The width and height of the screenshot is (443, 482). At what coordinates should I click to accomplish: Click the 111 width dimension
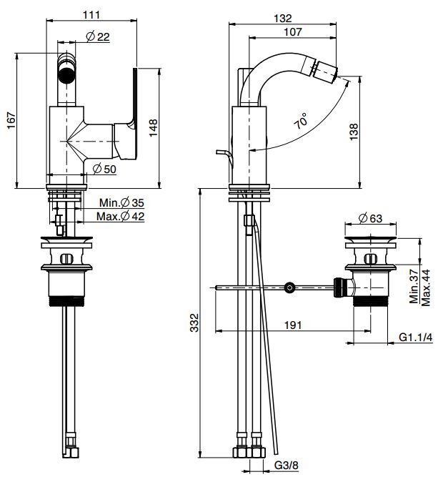point(91,14)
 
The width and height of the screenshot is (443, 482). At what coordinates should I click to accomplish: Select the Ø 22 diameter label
point(98,37)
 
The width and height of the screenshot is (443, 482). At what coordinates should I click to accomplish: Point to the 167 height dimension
point(11,121)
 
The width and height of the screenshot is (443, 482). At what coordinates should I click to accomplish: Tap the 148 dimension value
point(153,127)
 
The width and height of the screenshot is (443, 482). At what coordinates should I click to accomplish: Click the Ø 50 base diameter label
point(104,169)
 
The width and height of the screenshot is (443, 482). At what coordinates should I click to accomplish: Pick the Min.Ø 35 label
point(121,203)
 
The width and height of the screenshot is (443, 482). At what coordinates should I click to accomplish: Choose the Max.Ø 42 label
point(120,217)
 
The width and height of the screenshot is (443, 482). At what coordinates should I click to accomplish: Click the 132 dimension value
point(282,19)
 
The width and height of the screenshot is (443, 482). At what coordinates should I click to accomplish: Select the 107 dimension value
point(293,31)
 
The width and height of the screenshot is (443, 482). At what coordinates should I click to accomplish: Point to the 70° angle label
point(301,121)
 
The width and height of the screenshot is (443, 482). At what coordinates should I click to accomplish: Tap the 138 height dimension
point(354,132)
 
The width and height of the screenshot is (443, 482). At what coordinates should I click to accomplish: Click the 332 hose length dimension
point(194,323)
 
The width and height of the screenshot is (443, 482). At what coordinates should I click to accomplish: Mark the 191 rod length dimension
point(293,325)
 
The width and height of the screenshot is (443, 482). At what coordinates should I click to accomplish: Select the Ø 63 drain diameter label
point(370,219)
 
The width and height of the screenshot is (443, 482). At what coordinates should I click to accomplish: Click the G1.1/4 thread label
point(415,338)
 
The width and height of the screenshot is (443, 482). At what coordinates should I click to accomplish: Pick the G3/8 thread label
point(286,465)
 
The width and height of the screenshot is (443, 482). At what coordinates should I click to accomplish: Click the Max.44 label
point(426,287)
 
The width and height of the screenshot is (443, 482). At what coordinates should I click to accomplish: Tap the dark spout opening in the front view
point(66,74)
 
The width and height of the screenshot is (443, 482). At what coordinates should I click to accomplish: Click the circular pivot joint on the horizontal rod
point(289,287)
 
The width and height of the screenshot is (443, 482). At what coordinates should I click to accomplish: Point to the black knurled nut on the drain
point(338,287)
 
